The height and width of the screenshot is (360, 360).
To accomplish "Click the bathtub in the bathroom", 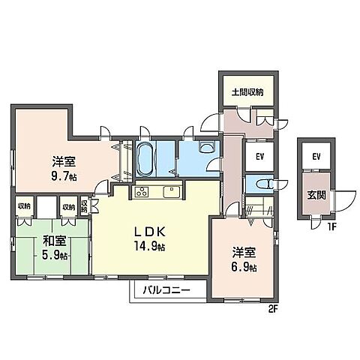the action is pyautogui.click(x=145, y=158).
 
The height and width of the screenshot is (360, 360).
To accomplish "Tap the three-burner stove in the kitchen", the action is pyautogui.click(x=142, y=192).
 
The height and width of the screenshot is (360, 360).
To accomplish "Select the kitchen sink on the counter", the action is pyautogui.click(x=172, y=192).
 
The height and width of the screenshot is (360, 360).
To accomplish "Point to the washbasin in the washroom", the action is pyautogui.click(x=207, y=147).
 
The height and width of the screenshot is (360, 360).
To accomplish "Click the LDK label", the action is pyautogui.click(x=150, y=232).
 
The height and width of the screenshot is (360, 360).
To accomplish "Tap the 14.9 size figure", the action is pyautogui.click(x=149, y=246).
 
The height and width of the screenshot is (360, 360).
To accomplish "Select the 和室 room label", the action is pyautogui.click(x=54, y=241).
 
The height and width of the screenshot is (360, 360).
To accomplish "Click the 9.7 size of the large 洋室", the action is pyautogui.click(x=64, y=176).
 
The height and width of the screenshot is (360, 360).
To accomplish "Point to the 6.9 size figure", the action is pyautogui.click(x=244, y=267).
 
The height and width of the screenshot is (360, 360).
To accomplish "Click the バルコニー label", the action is pyautogui.click(x=166, y=290).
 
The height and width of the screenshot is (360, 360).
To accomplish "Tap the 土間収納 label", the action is pyautogui.click(x=247, y=92).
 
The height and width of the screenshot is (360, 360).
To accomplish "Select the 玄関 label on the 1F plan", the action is pyautogui.click(x=316, y=196).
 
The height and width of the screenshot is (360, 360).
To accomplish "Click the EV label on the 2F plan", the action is pyautogui.click(x=260, y=157).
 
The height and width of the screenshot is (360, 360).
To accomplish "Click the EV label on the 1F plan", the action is pyautogui.click(x=316, y=157).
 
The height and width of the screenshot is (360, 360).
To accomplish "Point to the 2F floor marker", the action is pyautogui.click(x=273, y=310).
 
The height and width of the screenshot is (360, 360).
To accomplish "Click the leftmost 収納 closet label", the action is pyautogui.click(x=24, y=206).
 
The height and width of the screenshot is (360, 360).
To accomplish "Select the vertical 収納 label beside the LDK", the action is pyautogui.click(x=84, y=206).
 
